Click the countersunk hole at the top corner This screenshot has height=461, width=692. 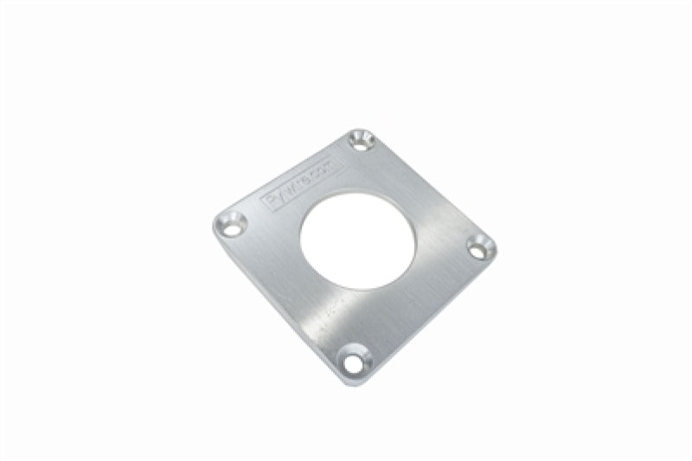point(362,140)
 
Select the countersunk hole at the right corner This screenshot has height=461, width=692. point(480,247)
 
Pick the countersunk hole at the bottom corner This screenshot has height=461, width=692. point(353,357)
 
